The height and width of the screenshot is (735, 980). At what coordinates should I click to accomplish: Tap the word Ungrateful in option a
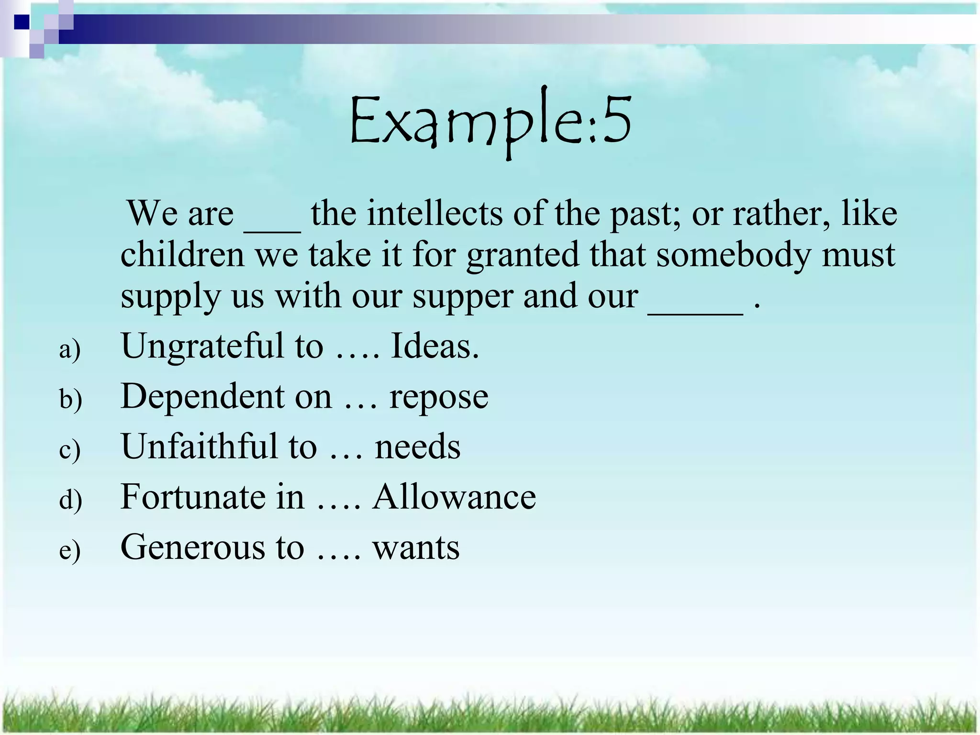202,346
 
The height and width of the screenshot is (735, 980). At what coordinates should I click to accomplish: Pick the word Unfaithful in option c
199,446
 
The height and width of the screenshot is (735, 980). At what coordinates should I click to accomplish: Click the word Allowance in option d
454,497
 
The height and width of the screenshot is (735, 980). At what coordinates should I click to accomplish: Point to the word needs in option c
417,447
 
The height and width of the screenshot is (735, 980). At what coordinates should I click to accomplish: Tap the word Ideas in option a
434,346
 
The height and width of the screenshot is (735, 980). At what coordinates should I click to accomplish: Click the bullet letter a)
70,349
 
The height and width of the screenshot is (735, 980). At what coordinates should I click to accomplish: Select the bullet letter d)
70,500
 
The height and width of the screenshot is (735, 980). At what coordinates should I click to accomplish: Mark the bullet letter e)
70,550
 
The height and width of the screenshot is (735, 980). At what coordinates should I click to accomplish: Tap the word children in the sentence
182,255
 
